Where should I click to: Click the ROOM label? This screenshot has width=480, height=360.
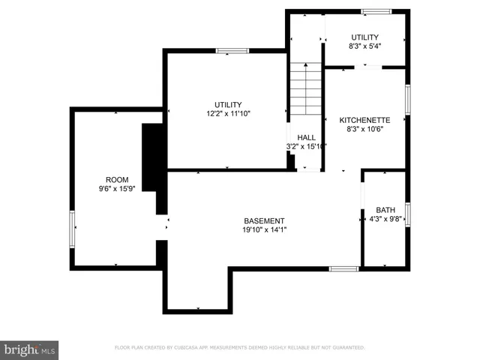(x=117, y=179)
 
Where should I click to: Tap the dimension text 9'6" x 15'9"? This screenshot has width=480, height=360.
(x=117, y=189)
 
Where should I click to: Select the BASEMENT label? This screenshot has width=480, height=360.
(x=264, y=220)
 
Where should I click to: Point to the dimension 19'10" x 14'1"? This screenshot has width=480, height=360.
(x=264, y=230)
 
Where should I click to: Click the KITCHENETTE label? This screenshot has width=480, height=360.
(x=364, y=120)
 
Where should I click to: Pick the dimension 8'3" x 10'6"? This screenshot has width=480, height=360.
(x=364, y=129)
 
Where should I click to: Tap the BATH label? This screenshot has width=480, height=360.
(x=385, y=210)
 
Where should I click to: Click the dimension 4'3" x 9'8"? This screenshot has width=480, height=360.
(x=386, y=220)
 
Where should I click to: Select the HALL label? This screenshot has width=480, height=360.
(x=306, y=137)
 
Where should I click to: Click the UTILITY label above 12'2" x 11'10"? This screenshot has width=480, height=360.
(x=228, y=105)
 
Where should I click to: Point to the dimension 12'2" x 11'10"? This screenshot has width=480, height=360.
(x=228, y=114)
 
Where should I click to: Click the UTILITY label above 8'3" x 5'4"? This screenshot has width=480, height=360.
(x=364, y=37)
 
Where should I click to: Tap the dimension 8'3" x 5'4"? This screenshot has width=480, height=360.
(x=364, y=46)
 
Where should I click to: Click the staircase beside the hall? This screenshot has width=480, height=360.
(x=306, y=90)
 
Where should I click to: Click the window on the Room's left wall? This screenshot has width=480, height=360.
(x=73, y=229)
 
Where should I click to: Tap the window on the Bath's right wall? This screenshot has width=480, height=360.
(x=408, y=214)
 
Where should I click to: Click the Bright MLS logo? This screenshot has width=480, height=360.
(x=30, y=349)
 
